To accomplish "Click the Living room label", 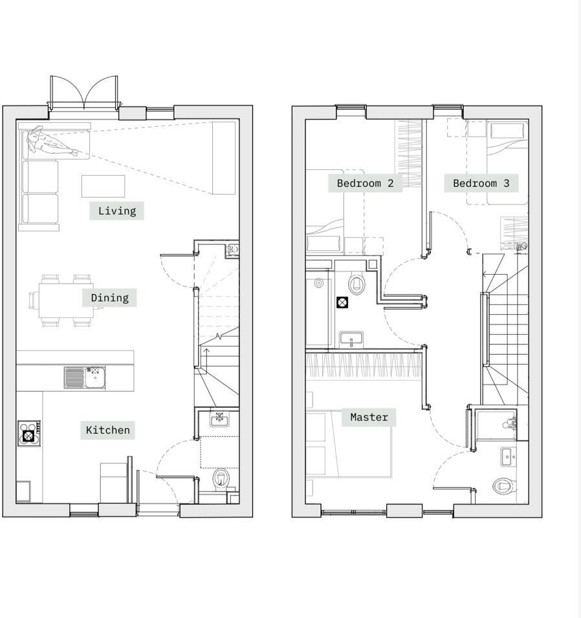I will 116,211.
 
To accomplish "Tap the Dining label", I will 109,298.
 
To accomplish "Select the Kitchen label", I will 107,431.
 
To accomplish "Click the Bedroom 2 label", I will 365,184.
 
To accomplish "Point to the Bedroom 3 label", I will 481,184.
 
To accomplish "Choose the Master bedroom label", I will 369,418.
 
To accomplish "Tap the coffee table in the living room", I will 104,186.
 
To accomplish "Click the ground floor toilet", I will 221,479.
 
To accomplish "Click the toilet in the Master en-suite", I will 503,485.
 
